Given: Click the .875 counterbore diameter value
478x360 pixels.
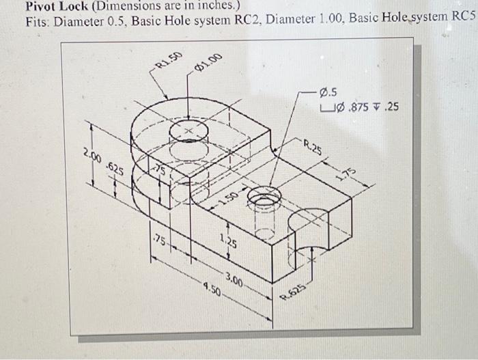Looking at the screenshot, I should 361,107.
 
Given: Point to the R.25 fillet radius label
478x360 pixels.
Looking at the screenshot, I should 312,146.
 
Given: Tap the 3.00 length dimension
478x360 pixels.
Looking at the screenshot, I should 234,279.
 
